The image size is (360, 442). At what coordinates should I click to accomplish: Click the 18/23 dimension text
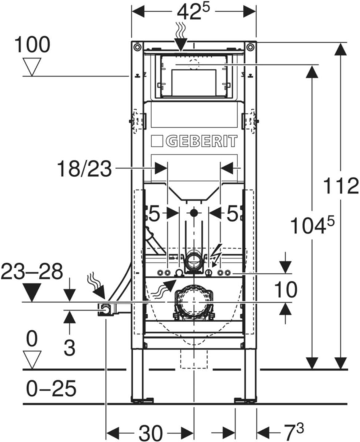coord(84,170)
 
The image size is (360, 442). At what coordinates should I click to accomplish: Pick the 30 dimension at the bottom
coord(150,432)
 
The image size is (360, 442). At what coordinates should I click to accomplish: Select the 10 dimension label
coord(286,290)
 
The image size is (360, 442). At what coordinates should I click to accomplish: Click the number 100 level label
coord(32,45)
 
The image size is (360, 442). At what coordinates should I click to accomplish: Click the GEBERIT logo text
coord(194,141)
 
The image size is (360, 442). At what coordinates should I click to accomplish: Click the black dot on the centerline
coord(194,213)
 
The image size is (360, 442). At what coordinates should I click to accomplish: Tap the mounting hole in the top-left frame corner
coord(137,47)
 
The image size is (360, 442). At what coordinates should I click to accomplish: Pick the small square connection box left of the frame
coord(106,310)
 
